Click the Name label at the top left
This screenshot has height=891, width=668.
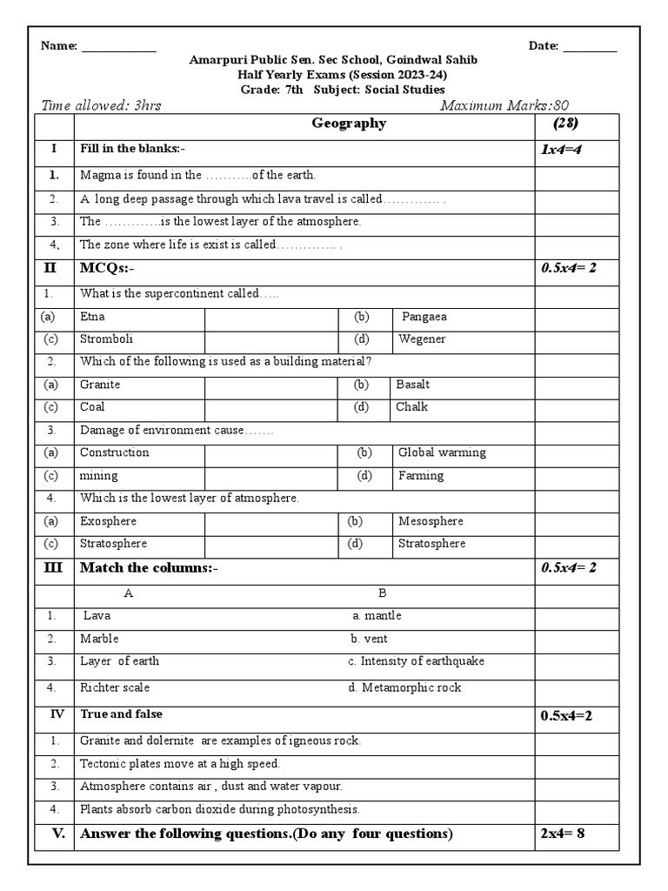tap(59, 46)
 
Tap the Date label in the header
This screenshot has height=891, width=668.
tap(544, 46)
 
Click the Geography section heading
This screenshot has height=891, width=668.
tap(349, 124)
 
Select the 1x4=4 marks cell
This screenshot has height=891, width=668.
tap(562, 151)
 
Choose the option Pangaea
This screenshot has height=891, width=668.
tap(424, 317)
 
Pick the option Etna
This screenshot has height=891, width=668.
tap(92, 317)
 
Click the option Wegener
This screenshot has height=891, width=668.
tap(422, 339)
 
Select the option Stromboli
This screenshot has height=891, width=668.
tap(106, 339)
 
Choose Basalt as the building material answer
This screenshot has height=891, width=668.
tap(412, 385)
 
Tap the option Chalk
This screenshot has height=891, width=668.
tap(411, 407)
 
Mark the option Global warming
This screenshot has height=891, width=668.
tap(442, 452)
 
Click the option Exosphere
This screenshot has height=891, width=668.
tap(108, 521)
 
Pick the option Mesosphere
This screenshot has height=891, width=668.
tap(431, 521)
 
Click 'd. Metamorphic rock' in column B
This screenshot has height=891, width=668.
tap(404, 687)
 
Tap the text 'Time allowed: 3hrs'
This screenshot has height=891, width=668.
tap(101, 106)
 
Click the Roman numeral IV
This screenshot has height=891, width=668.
tap(57, 714)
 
